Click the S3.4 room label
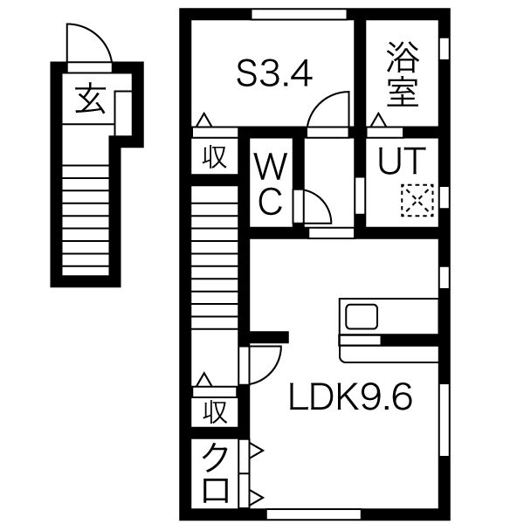[x=275, y=74]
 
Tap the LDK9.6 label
[x=350, y=396]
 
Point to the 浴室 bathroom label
[x=403, y=74]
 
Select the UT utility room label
[x=402, y=161]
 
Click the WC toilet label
[x=271, y=183]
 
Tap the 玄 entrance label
[x=91, y=100]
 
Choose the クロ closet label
[x=216, y=473]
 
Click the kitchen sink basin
[x=362, y=316]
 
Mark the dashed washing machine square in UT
[x=417, y=200]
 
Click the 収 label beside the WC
[x=215, y=157]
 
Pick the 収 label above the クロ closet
[x=215, y=411]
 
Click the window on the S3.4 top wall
[x=299, y=14]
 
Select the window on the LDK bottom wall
[x=314, y=514]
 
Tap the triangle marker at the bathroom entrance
[x=378, y=121]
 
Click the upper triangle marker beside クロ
[x=256, y=452]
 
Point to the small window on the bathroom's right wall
[x=445, y=50]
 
